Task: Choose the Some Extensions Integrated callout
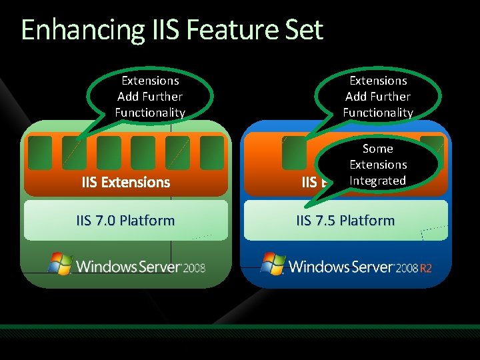(x=378, y=165)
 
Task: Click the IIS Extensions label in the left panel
(x=126, y=182)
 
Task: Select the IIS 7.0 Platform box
(x=126, y=221)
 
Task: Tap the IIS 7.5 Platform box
(x=345, y=221)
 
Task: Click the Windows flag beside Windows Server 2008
(x=61, y=264)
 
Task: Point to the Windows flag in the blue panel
(x=273, y=264)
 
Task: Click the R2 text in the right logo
(x=427, y=268)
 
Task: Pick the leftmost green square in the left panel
(x=40, y=153)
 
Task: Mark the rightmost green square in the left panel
(x=212, y=153)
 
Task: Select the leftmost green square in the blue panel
(x=294, y=153)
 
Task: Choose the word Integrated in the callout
(x=378, y=181)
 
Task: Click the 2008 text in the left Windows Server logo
(x=194, y=268)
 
